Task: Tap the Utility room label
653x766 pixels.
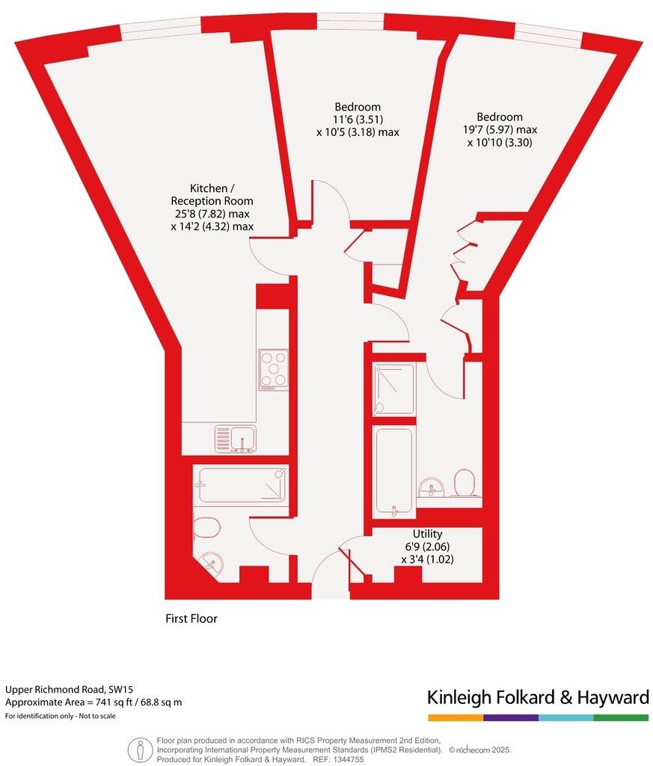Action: coord(427,534)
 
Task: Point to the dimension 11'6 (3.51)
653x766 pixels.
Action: coord(357,120)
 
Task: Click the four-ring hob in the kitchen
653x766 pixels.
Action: coord(273,369)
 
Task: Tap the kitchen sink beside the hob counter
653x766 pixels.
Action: coord(235,439)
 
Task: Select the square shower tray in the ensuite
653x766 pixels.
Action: coord(394,389)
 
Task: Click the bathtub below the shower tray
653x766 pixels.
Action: coord(393,471)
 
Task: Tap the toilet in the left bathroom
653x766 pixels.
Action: coord(206,528)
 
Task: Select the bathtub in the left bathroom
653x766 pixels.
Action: coord(241,484)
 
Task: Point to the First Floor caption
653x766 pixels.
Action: coord(191,619)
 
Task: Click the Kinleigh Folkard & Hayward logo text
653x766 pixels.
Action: coord(538,698)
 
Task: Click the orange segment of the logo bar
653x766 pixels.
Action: coord(456,717)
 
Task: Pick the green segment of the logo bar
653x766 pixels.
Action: coord(621,717)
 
